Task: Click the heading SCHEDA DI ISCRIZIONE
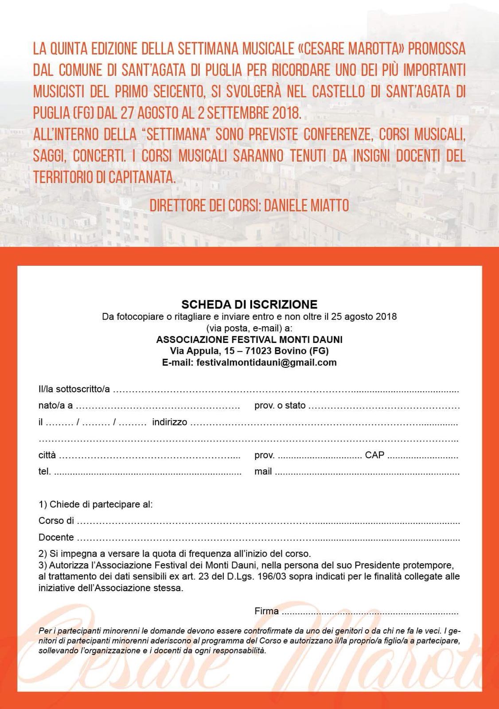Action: (250, 304)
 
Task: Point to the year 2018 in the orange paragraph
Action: (286, 113)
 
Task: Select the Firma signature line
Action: (370, 612)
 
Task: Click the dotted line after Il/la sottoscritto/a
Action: (286, 390)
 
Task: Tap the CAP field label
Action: (374, 455)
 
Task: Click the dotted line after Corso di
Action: (268, 521)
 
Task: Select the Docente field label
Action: (56, 538)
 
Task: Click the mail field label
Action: (263, 471)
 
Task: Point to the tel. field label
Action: (45, 471)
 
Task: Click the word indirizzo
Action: (169, 422)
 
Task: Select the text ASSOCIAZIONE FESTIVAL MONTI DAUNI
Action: (250, 339)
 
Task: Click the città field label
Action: (47, 455)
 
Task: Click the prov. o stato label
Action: (280, 405)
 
